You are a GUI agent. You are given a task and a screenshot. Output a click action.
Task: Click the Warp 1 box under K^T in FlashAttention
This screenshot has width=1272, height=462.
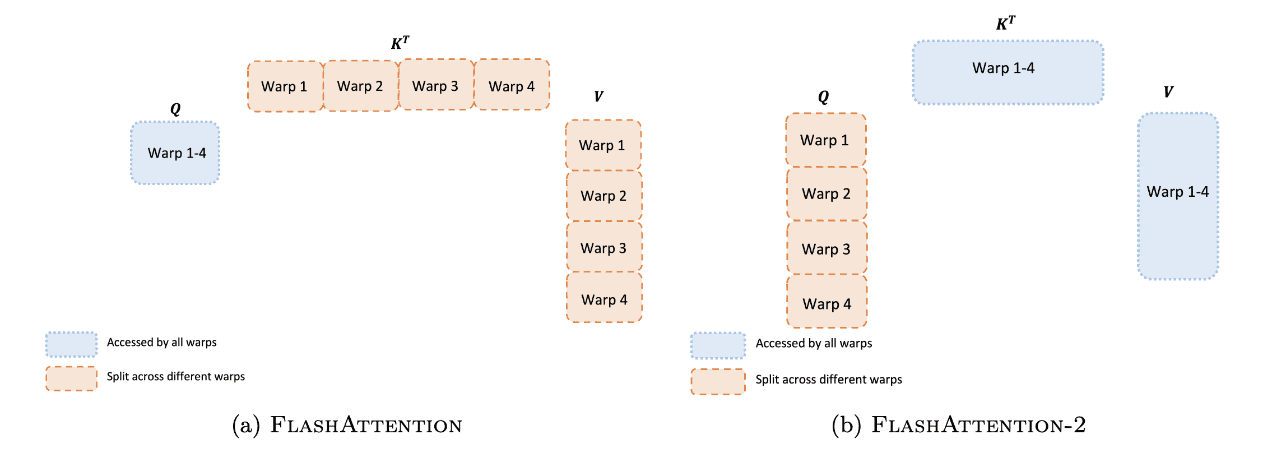[x=285, y=86]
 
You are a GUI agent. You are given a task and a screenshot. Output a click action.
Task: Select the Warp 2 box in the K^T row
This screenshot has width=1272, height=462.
[x=361, y=86]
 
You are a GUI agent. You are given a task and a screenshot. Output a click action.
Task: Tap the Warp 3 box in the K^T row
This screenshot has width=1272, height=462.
[x=437, y=85]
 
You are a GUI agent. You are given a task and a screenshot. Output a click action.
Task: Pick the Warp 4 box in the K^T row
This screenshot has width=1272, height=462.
[x=512, y=85]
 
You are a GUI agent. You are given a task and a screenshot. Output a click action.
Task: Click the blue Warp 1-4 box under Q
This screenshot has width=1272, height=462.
[x=175, y=153]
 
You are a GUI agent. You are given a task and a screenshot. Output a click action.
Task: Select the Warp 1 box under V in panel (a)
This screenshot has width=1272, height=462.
[x=603, y=145]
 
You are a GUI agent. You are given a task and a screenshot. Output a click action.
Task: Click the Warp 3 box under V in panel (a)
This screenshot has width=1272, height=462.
[x=604, y=247]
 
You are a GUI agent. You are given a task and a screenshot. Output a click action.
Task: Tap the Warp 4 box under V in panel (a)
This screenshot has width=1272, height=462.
[x=604, y=298]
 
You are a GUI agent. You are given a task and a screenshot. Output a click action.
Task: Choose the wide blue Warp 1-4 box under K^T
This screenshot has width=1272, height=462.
[x=1008, y=72]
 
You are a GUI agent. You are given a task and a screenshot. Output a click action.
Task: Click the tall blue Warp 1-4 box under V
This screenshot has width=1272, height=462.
[x=1178, y=196]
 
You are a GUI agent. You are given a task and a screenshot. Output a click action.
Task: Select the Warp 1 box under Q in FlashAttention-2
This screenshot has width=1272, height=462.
[x=826, y=140]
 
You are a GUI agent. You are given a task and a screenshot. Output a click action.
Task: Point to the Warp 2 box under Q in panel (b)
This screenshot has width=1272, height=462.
[x=827, y=194]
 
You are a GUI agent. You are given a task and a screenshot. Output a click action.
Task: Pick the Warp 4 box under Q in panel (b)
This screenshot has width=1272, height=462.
[x=827, y=302]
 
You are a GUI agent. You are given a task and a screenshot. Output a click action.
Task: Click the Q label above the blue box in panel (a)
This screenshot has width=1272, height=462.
[x=175, y=109]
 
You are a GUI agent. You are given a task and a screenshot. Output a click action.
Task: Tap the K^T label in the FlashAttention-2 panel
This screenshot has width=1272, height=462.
[x=1005, y=24]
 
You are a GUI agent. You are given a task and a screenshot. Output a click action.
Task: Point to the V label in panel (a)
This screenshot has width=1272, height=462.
[x=598, y=96]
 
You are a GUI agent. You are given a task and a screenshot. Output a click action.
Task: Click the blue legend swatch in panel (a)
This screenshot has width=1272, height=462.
[x=72, y=344]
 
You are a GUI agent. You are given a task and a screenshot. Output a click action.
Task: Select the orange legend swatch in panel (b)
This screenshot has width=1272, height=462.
[x=718, y=382]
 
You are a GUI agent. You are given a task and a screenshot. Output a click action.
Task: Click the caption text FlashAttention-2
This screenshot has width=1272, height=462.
[x=978, y=425]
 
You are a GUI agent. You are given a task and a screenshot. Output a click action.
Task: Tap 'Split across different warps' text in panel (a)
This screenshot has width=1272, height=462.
[x=176, y=376]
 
